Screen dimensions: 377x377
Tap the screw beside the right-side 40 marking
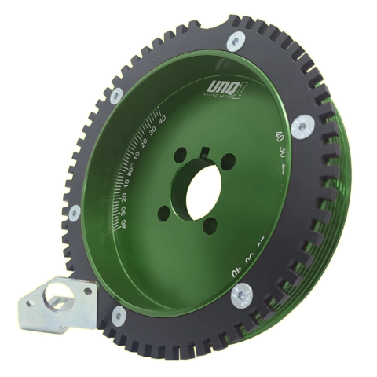(302, 126)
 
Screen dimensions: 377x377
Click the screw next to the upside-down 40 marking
(240, 295)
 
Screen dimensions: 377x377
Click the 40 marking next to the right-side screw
(279, 137)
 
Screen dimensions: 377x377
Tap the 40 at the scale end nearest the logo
(163, 119)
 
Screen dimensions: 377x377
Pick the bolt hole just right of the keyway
(228, 162)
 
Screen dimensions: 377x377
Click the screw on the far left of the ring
(74, 212)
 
